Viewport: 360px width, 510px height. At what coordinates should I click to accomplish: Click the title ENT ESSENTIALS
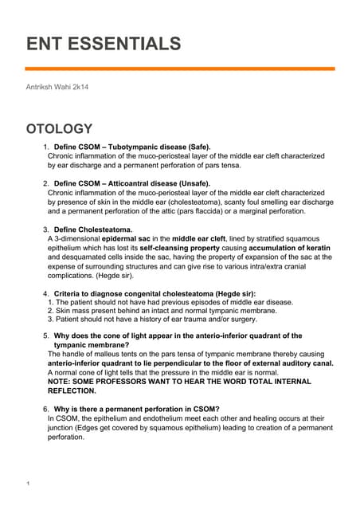click(x=104, y=43)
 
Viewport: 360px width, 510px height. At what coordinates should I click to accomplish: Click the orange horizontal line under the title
click(x=180, y=69)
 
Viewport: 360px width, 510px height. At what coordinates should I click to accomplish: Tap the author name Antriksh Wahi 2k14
click(x=58, y=86)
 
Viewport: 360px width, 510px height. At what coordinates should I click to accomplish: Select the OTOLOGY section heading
click(x=60, y=129)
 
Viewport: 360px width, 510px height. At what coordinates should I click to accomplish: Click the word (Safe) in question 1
click(x=194, y=147)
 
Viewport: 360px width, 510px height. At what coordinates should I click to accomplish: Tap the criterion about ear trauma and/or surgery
click(x=151, y=320)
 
